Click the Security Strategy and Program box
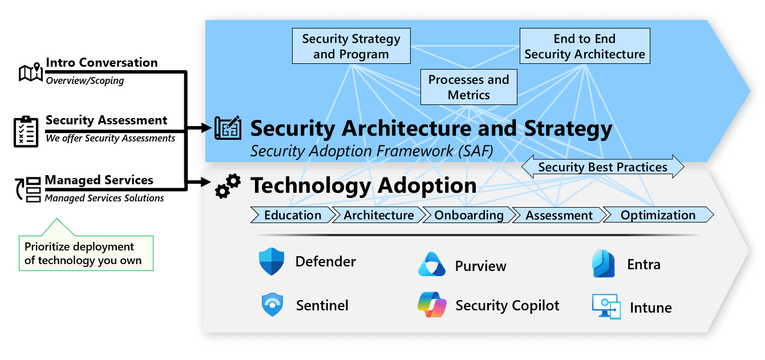pos(351,47)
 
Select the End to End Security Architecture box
pos(585,47)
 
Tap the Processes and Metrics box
pos(468,87)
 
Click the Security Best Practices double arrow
pos(602,167)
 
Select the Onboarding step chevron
pos(469,215)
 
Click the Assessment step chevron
pos(559,215)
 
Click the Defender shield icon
pos(272,262)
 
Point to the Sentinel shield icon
pos(272,305)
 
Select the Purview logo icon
pos(431,265)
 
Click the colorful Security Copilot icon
pos(431,305)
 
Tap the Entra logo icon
pos(604,264)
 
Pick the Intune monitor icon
pos(606,307)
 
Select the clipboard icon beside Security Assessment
pos(26,131)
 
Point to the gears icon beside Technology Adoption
pos(227,187)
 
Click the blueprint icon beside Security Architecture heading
pos(228,128)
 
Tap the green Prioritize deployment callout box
pos(86,253)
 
